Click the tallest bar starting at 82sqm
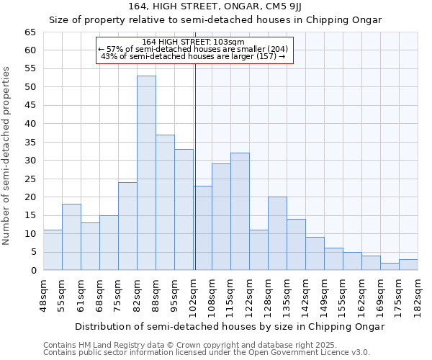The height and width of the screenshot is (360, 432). (x=146, y=173)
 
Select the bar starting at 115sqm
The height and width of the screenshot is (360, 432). (x=240, y=212)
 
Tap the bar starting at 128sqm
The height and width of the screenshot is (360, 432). (x=277, y=234)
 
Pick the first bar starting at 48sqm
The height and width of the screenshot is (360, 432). (x=53, y=250)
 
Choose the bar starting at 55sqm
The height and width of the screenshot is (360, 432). (x=71, y=238)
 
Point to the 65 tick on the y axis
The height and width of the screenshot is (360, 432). (x=30, y=32)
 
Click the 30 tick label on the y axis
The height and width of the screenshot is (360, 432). (x=30, y=161)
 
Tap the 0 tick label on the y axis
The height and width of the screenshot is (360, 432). (x=32, y=271)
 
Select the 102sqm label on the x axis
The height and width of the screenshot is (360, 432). (x=193, y=295)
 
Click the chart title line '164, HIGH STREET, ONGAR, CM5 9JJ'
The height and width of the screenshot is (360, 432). (x=215, y=6)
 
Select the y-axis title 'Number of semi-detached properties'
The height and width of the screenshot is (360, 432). (x=7, y=156)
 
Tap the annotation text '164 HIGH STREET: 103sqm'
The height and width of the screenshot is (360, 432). (x=194, y=42)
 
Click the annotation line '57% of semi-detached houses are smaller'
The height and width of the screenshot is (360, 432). (x=194, y=49)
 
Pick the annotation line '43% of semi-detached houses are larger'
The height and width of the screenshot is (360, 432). (x=194, y=56)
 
